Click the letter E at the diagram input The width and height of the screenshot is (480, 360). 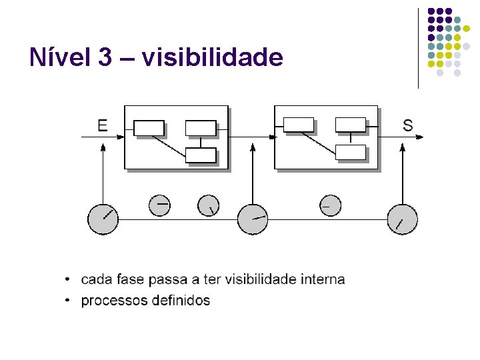coord(103,125)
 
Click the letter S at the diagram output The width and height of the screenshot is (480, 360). coord(407,125)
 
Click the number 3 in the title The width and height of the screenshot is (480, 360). coord(105,57)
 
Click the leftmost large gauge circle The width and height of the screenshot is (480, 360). coord(103,219)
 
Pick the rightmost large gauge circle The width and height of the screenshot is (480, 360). coord(403,219)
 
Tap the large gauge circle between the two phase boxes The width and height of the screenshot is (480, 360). coord(253,219)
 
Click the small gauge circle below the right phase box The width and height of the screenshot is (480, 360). coord(329,205)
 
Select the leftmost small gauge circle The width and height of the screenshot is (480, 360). coord(160,205)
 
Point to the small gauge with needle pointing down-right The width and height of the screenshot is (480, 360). coord(209,205)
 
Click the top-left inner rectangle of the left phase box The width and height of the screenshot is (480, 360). coord(149,127)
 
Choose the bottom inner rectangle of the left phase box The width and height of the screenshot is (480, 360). coord(201,155)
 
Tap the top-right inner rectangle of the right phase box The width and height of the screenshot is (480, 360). coord(351,124)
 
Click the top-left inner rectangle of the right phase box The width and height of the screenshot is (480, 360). coord(299,124)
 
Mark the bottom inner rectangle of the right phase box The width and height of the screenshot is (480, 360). coord(351,152)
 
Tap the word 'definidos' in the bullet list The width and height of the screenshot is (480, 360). coord(181,301)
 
